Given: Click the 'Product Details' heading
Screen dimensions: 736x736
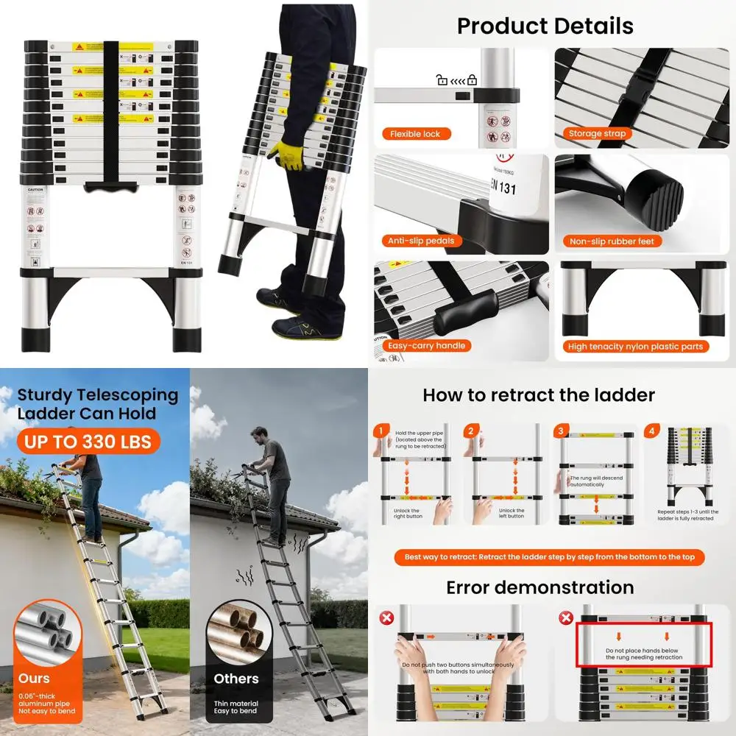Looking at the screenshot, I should (545, 26).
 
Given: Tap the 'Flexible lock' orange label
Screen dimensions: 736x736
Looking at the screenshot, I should (415, 134).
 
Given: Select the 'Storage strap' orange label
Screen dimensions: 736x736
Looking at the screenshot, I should (597, 134).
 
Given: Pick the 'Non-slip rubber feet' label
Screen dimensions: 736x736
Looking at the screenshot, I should (611, 241).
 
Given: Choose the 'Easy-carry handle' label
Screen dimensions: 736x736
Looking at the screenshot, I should (426, 345).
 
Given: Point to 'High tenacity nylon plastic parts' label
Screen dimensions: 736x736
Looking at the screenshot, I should (635, 346).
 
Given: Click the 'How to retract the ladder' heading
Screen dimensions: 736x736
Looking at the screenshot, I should (539, 395).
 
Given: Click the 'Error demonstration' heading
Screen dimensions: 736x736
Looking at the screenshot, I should (539, 587).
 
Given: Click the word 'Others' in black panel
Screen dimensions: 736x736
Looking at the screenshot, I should (236, 679).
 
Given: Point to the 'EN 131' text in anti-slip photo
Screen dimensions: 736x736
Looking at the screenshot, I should (502, 188).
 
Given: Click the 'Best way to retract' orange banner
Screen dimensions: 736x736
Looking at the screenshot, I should (549, 557).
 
